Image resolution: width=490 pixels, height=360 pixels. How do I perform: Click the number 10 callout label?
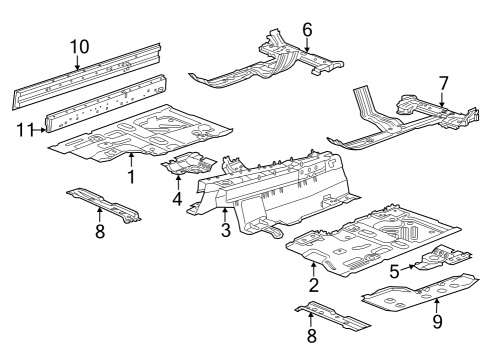78,46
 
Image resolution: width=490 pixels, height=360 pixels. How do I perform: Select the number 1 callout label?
131,177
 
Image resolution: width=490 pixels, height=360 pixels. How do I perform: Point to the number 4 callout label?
178,198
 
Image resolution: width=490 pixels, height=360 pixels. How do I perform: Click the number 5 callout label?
395,269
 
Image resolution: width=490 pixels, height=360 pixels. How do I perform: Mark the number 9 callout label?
436,321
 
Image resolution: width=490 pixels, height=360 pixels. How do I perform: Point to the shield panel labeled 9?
410,295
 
